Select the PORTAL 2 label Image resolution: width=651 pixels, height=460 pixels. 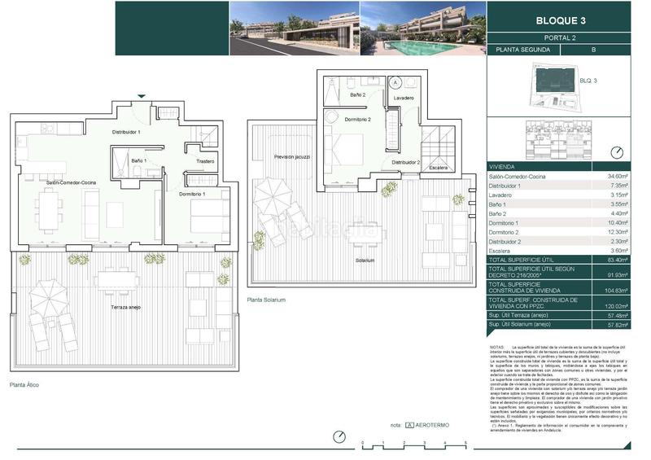(x=568, y=37)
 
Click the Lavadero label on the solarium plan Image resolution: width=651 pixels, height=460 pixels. (x=403, y=98)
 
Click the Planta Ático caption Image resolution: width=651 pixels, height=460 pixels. (x=24, y=384)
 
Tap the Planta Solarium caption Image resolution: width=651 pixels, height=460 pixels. (x=266, y=300)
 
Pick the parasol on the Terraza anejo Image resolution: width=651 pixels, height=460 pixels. (x=50, y=291)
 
